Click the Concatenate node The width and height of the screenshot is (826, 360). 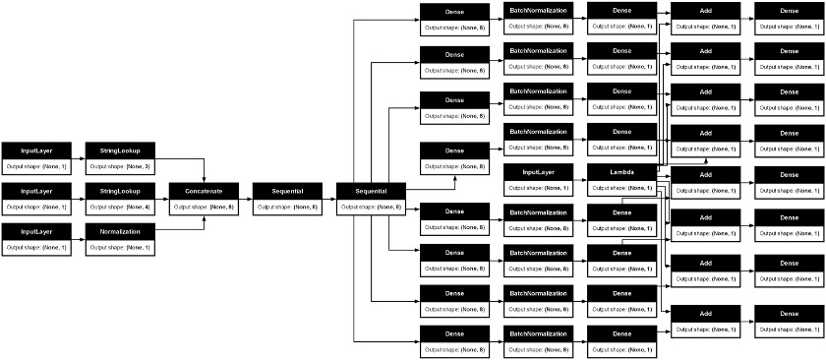tap(204, 190)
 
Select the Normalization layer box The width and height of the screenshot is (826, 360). tap(120, 231)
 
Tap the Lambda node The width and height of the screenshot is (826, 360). tap(620, 171)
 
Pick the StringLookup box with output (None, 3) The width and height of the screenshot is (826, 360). tap(120, 150)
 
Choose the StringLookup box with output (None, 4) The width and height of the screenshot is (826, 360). tap(120, 190)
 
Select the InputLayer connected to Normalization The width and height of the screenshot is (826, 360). tap(36, 231)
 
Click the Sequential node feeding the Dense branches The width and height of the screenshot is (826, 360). tap(371, 190)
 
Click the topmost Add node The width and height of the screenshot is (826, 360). tap(705, 10)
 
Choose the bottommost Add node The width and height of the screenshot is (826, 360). tap(705, 312)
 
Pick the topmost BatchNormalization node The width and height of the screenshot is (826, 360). tap(537, 10)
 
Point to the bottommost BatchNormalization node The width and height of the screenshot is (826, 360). tap(537, 332)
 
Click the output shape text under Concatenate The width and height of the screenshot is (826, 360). tap(204, 208)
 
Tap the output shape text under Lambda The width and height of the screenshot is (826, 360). tap(620, 187)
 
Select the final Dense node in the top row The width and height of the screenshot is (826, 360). tap(789, 10)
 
